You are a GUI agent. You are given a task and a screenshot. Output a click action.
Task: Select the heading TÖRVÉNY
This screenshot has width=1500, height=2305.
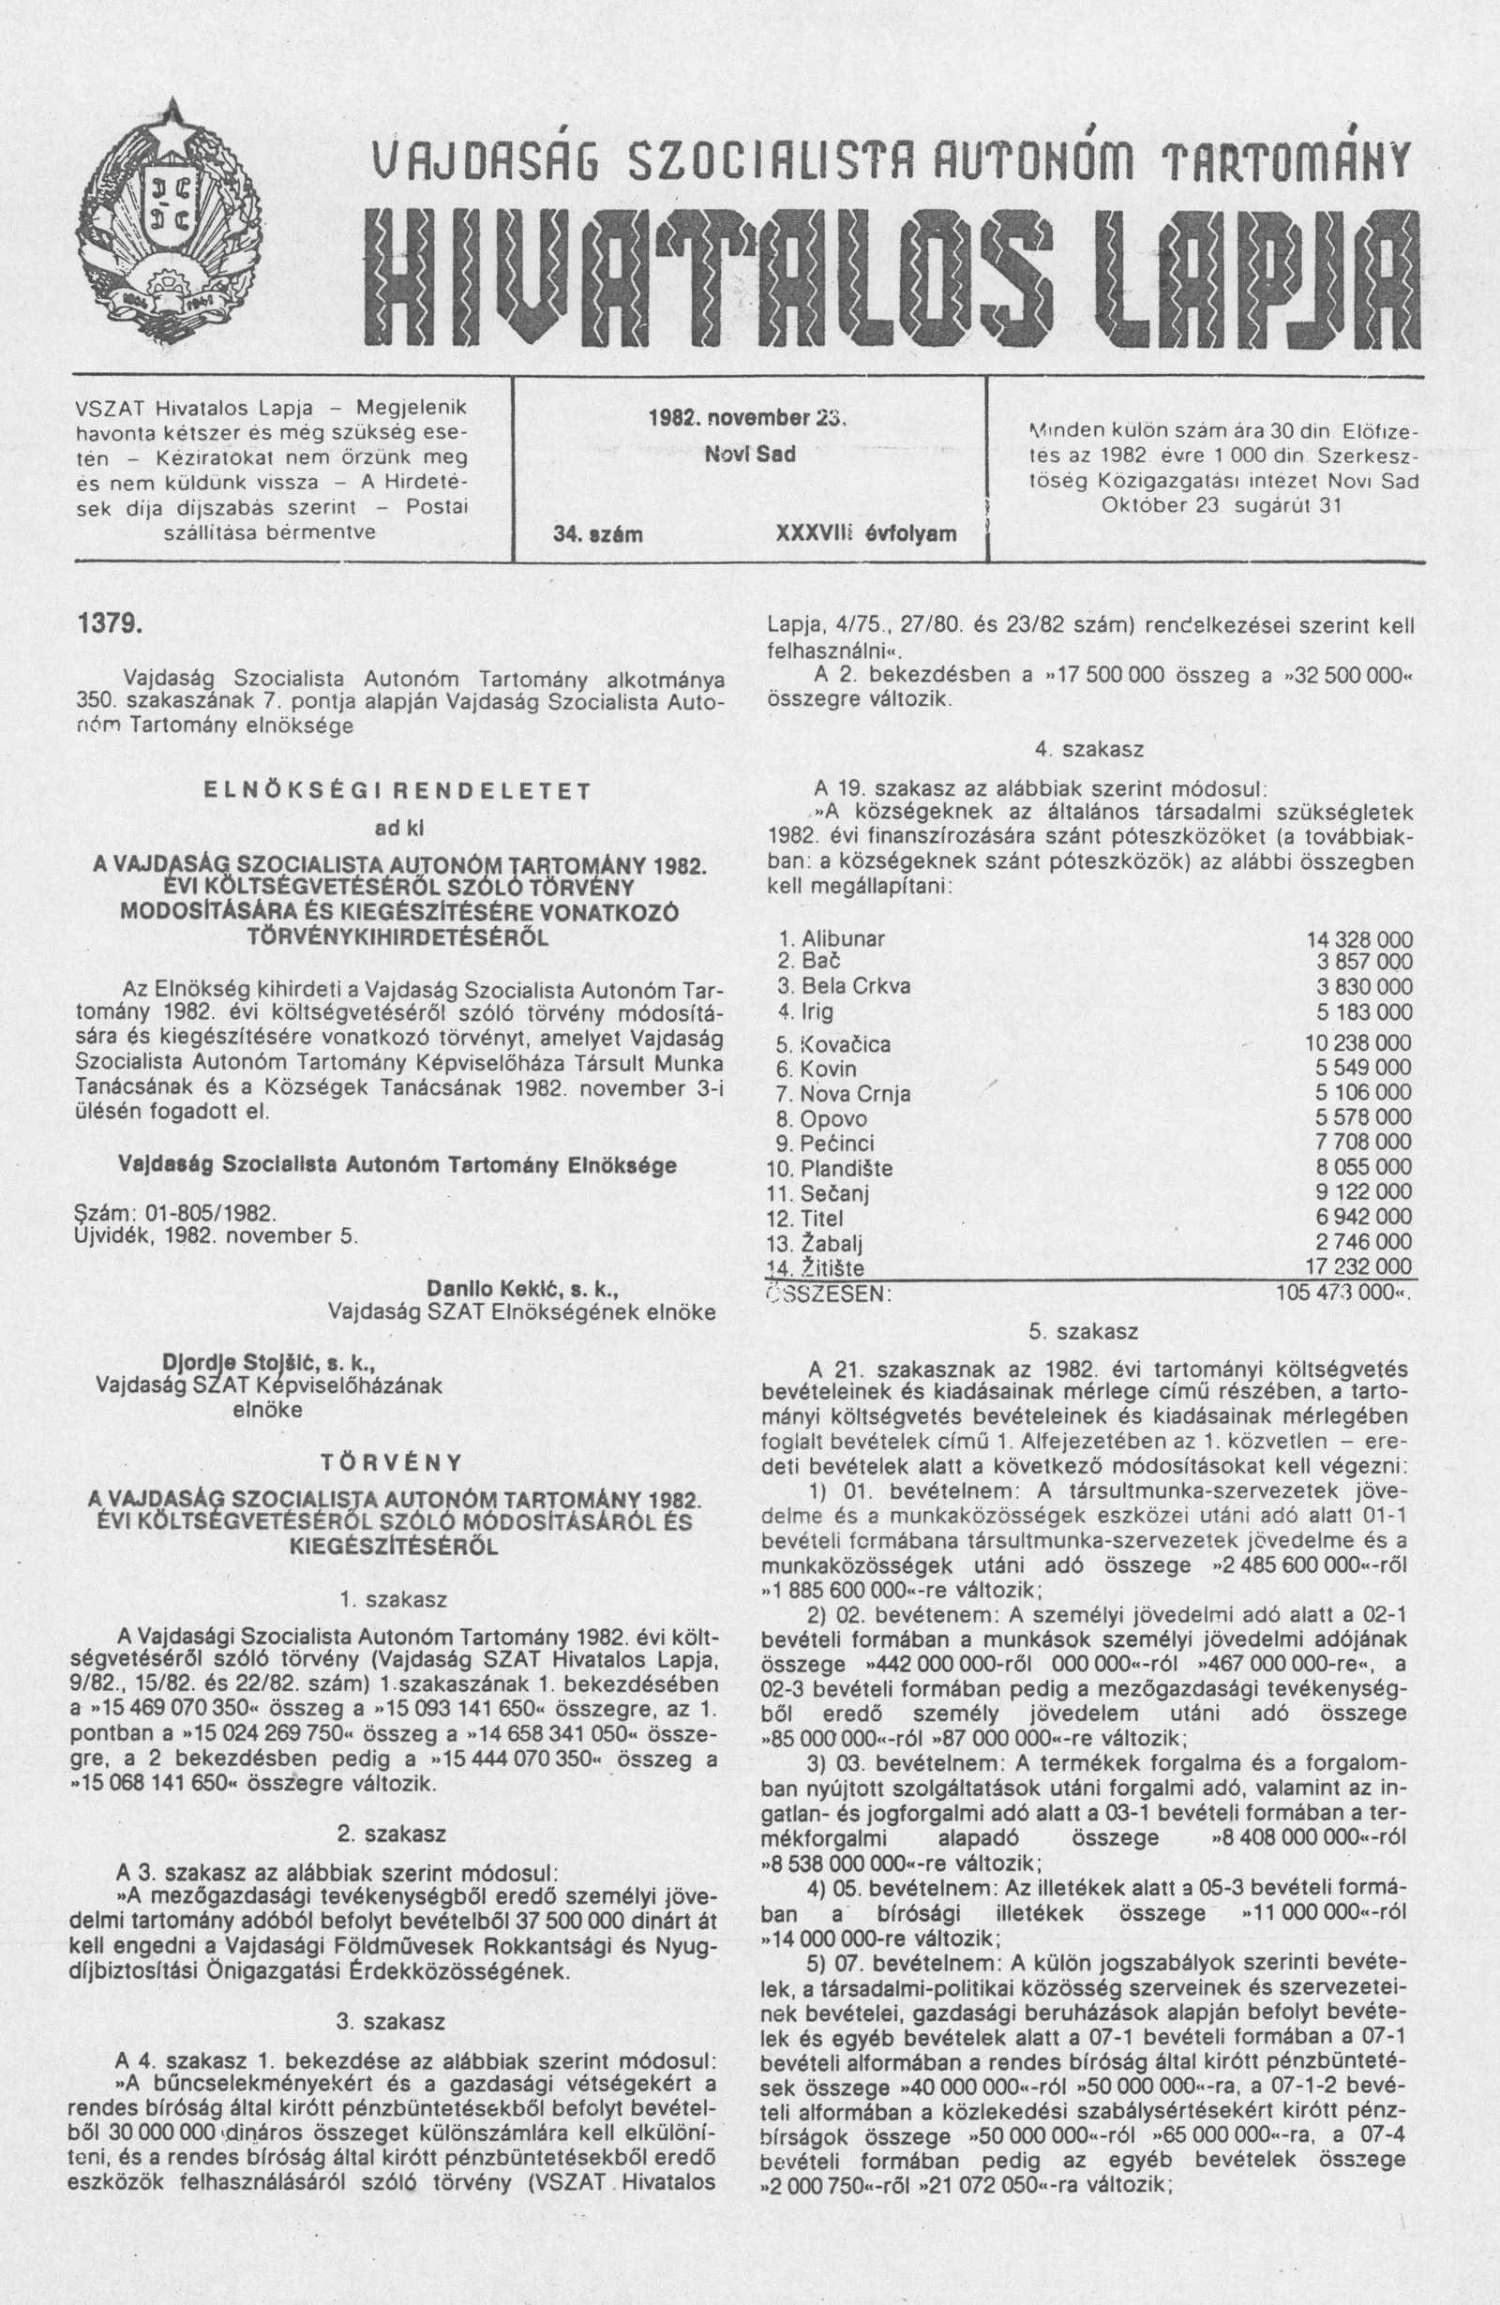(394, 1459)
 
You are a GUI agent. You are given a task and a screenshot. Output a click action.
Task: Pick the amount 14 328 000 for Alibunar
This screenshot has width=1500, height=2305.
(1358, 939)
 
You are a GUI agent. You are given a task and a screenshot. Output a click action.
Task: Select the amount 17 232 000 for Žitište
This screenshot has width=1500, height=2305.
(1358, 1266)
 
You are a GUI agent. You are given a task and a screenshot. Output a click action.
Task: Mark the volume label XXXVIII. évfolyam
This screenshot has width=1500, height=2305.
(865, 533)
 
